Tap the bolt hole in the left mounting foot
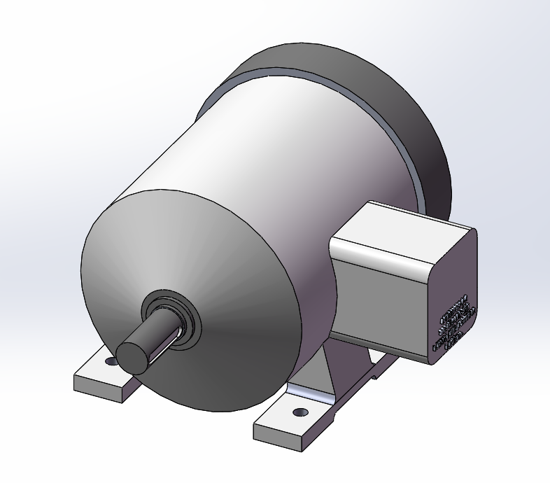[110, 362]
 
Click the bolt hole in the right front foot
[301, 412]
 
